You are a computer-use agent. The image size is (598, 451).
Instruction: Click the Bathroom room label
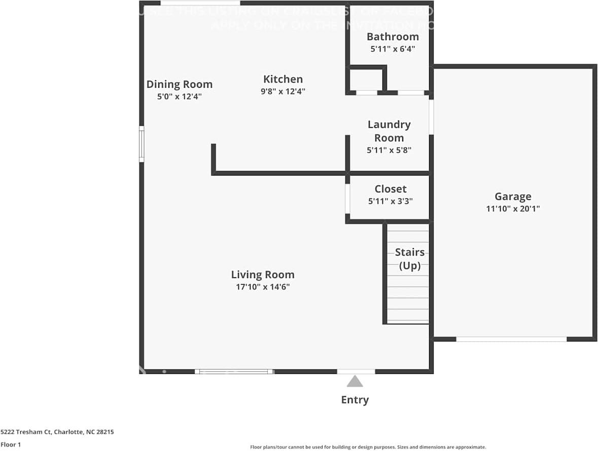[393, 37]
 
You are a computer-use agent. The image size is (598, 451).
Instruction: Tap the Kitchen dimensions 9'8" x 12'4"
[283, 92]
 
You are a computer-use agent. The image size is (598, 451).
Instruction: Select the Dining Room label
[180, 84]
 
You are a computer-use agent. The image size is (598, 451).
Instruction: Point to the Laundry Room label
[389, 131]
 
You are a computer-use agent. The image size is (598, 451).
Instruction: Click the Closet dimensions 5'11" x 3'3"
[390, 201]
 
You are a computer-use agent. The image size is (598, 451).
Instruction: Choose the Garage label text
[513, 196]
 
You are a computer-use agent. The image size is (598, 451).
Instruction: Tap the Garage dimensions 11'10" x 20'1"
[513, 209]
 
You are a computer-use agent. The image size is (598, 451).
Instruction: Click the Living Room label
[263, 274]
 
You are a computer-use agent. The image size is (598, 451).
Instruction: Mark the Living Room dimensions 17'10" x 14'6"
[263, 287]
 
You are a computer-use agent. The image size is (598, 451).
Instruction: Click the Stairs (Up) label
[409, 259]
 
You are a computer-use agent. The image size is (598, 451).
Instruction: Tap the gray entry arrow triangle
[355, 381]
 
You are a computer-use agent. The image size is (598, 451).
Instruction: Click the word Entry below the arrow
[355, 400]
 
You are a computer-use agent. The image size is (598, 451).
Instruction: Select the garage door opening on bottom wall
[511, 339]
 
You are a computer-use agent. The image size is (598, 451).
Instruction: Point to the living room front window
[234, 371]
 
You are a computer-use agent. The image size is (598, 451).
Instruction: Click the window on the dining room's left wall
[142, 145]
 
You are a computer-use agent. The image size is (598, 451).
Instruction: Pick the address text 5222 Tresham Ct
[57, 432]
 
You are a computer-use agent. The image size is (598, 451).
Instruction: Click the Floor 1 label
[10, 444]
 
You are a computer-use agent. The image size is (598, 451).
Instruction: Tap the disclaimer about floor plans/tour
[368, 447]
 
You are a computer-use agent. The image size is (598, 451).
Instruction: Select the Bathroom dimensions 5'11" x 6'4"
[393, 49]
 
